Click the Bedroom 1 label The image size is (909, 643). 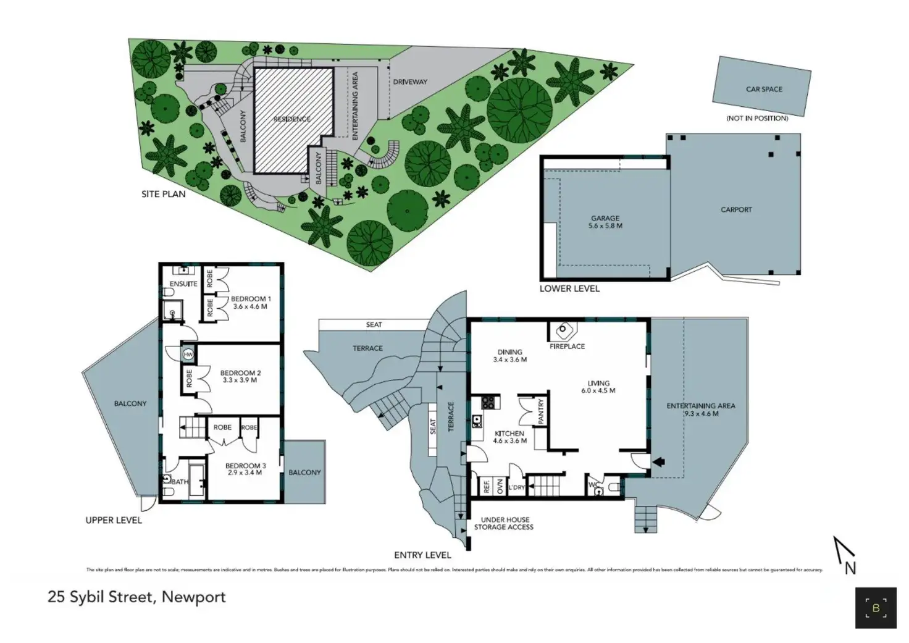[x=251, y=299]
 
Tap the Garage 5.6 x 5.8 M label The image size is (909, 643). [x=605, y=222]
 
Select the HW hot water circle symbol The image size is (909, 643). [x=188, y=355]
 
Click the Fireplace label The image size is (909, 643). [x=567, y=347]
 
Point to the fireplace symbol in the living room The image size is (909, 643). [x=563, y=331]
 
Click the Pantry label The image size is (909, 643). [x=541, y=412]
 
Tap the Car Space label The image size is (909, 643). [x=764, y=89]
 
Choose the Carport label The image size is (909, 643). [x=736, y=209]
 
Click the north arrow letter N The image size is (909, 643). [x=850, y=568]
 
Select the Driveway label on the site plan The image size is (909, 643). [x=410, y=82]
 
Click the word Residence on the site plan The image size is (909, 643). [x=292, y=119]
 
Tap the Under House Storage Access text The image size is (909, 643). [x=503, y=523]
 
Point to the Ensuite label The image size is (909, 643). [x=183, y=284]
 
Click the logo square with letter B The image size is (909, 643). [x=875, y=608]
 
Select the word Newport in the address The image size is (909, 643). [x=195, y=597]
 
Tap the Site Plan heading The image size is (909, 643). [x=163, y=194]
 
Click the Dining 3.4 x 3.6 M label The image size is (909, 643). [x=509, y=356]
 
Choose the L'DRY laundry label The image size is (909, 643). [x=516, y=487]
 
